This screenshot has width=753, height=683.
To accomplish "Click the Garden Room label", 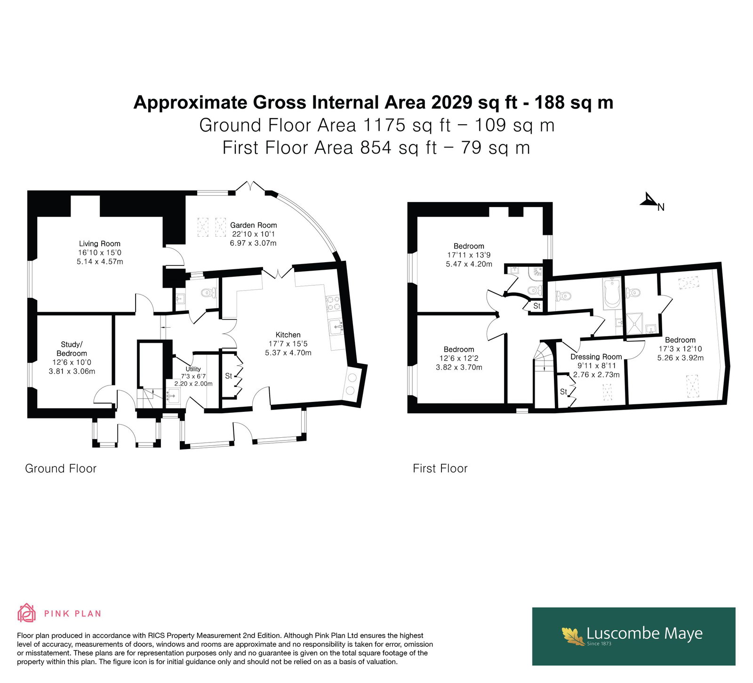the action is tap(253, 225).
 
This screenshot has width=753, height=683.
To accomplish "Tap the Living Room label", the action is tap(99, 243).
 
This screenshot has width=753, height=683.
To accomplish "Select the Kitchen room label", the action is tap(288, 335).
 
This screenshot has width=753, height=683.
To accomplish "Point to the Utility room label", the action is tap(193, 369).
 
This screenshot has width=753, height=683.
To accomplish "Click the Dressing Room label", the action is tap(596, 357).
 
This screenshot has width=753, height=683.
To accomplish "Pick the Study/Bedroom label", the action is tap(72, 349).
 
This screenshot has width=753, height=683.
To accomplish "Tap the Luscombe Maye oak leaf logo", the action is tap(573, 635).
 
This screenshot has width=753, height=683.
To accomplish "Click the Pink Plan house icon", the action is tap(27, 613).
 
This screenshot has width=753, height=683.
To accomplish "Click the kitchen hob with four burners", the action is tap(334, 303).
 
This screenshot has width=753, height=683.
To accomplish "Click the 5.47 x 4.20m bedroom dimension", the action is tap(469, 264).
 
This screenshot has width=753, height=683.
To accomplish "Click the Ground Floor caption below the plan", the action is tap(61, 468).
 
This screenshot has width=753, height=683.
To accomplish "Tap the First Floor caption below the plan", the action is tap(440, 468).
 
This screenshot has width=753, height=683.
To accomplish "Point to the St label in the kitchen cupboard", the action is tap(229, 376).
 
